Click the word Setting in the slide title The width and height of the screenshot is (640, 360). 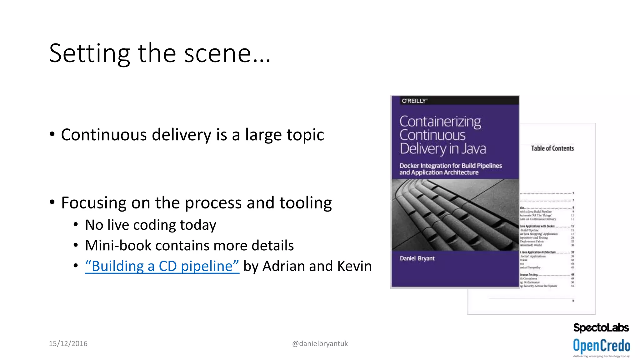pos(89,54)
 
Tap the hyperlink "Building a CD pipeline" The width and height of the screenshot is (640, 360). pos(162,266)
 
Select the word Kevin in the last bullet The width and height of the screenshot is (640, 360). pos(354,266)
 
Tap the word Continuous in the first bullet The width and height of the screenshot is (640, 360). pos(104,135)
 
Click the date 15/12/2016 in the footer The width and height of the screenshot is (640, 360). pos(68,344)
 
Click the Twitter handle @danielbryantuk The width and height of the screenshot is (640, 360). pos(320,344)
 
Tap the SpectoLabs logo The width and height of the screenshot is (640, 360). pos(601,327)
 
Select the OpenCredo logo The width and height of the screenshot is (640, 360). pos(601,346)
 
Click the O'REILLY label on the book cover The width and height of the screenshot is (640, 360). pos(414,101)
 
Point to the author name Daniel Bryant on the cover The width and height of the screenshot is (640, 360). pos(417,258)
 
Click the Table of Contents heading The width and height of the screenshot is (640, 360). pos(552,148)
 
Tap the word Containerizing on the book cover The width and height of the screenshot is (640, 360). pos(440,122)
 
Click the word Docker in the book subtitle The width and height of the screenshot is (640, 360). pos(409,166)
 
